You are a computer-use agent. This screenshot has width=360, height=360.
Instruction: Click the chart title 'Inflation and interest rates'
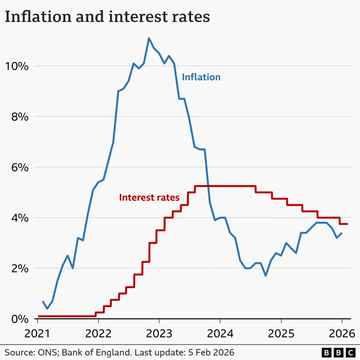coord(107,17)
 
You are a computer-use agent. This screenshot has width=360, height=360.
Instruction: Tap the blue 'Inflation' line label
coord(201,77)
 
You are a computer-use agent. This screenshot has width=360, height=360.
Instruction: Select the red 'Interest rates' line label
coord(149,198)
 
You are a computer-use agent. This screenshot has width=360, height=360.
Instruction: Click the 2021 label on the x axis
coord(37,333)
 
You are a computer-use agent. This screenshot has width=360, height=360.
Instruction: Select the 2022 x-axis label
coord(98,333)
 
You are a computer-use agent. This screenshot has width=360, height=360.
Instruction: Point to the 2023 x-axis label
coord(159,333)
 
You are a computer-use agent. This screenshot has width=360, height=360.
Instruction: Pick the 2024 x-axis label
coord(220,333)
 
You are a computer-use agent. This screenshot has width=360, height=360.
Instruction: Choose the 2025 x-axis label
coord(281,333)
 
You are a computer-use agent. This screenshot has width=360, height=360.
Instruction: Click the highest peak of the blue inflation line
coord(149,38)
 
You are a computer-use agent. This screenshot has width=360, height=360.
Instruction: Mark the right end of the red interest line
coord(347,224)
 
